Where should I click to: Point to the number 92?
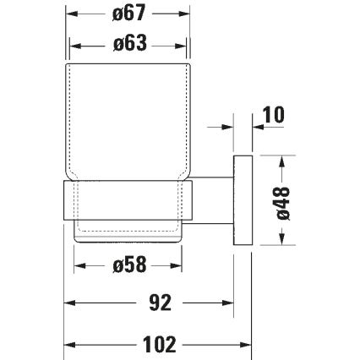click(x=149, y=303)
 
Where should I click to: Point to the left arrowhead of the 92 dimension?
click(x=73, y=303)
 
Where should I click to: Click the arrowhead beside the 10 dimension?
click(x=228, y=128)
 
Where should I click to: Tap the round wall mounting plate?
click(x=243, y=199)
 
